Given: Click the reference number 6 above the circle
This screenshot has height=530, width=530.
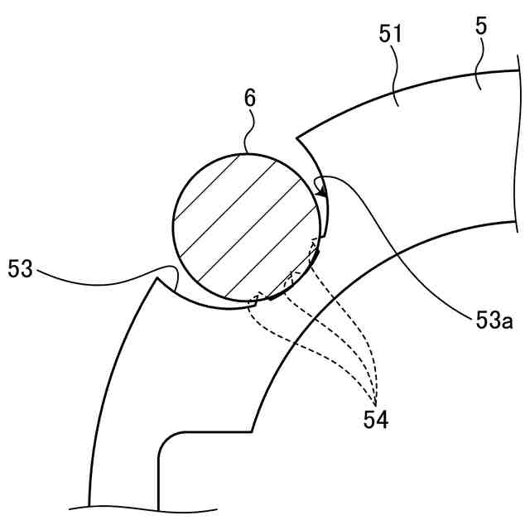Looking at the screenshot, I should tap(249, 98).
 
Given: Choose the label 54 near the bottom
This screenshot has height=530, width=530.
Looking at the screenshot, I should tap(375, 419).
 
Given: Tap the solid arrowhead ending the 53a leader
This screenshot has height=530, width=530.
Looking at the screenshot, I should tap(322, 195).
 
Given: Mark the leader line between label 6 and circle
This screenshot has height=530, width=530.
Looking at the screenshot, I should tap(246, 132).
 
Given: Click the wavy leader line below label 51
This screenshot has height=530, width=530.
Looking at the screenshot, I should tap(396, 79).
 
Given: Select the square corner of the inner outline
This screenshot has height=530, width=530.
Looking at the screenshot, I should tap(251, 431).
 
